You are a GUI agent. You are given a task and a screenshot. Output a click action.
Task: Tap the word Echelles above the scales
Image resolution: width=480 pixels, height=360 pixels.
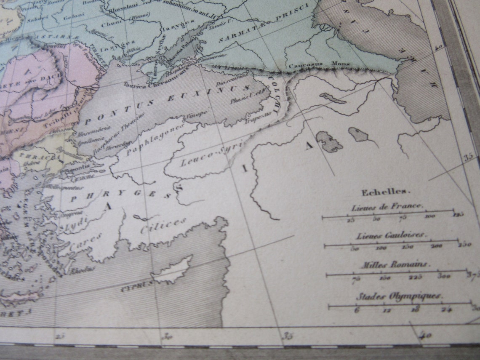tap(385, 192)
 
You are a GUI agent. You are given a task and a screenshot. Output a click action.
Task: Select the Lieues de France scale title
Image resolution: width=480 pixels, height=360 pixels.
tap(387, 207)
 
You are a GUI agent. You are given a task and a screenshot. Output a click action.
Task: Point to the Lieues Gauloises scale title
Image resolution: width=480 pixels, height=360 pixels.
tap(391, 235)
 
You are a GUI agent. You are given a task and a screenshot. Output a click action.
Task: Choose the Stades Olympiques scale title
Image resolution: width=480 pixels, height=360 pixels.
tap(399, 296)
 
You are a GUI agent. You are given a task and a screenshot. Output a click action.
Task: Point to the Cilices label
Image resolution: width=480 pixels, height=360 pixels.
tap(163, 226)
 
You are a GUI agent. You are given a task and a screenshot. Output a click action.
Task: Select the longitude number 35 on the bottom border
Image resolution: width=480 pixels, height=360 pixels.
tap(288, 336)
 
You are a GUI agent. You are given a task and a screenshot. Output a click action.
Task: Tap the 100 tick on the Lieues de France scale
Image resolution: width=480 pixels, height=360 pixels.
tap(430, 216)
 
